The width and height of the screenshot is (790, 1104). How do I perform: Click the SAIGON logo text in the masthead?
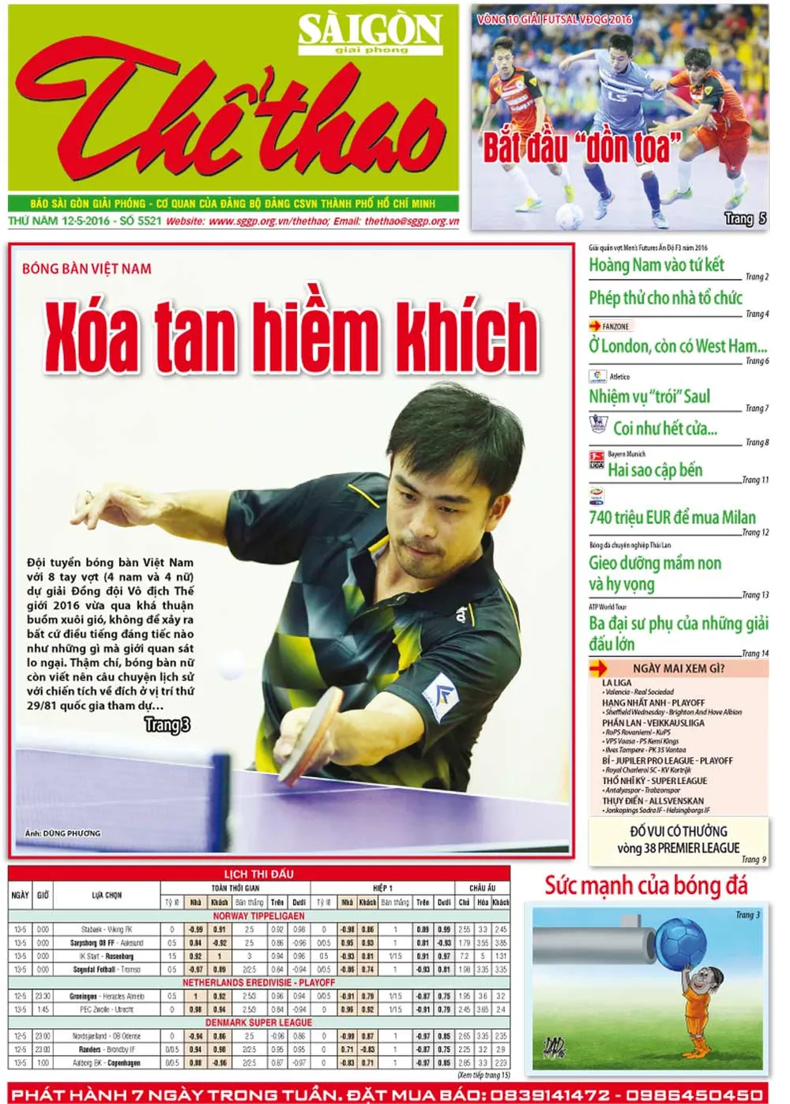(369, 30)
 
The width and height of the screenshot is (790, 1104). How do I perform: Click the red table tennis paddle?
(318, 731)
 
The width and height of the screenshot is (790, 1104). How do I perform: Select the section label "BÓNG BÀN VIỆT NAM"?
(87, 269)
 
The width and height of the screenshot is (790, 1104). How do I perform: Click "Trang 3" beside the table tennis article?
(167, 725)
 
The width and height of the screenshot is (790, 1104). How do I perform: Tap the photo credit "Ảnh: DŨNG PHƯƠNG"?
(62, 833)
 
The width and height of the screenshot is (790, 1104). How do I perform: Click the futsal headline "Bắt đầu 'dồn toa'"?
(581, 148)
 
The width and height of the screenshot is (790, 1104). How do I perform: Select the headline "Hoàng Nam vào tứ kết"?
(656, 266)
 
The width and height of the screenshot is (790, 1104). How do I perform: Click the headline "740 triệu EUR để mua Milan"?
(671, 518)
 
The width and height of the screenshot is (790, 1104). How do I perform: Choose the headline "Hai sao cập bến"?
(655, 470)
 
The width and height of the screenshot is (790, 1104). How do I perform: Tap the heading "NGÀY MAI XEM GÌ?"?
(678, 669)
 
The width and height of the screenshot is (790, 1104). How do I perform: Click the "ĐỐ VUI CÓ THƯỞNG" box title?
(678, 831)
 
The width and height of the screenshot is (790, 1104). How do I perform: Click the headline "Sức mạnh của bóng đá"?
(645, 886)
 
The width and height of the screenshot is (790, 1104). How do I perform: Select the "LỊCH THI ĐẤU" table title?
(258, 874)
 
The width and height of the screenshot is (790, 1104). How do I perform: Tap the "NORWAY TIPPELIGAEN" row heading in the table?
(258, 916)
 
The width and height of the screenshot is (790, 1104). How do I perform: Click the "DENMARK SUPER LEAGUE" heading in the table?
(258, 1023)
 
